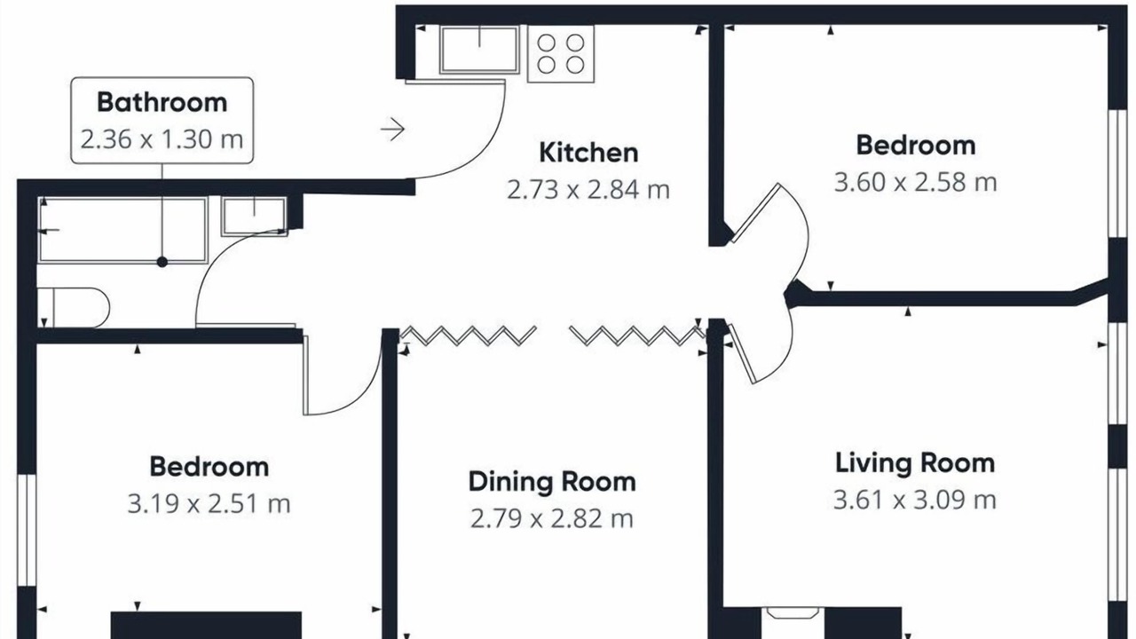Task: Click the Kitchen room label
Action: [588, 153]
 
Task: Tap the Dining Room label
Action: [552, 482]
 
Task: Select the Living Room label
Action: [915, 463]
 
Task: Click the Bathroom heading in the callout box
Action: [162, 102]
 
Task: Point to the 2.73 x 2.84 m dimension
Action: [588, 190]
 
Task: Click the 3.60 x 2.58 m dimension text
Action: [915, 183]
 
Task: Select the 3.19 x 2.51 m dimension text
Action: [209, 503]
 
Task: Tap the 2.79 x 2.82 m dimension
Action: [552, 519]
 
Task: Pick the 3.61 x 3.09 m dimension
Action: [915, 500]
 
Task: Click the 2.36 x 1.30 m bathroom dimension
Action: [162, 139]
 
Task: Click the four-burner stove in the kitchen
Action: [560, 54]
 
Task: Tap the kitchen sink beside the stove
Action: [479, 50]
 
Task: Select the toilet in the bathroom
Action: [73, 308]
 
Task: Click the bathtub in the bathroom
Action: [123, 230]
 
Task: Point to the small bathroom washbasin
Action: [254, 217]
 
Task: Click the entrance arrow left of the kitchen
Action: [392, 130]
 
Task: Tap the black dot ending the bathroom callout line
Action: [162, 262]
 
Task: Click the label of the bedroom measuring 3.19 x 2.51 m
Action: [209, 467]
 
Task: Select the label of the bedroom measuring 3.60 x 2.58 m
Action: [916, 146]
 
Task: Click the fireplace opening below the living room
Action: [793, 613]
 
